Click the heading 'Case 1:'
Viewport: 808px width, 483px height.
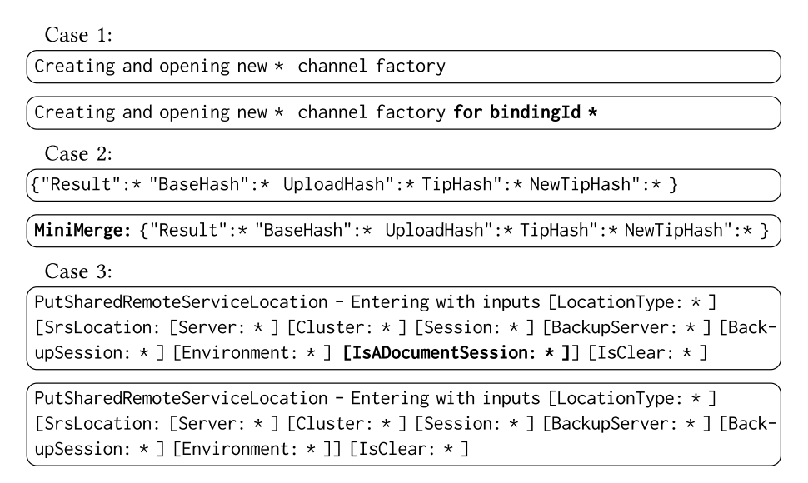(67, 36)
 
